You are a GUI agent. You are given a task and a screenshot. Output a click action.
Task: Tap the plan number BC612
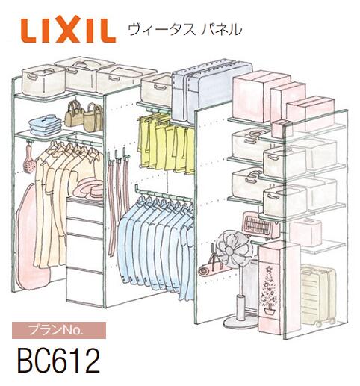click(58, 361)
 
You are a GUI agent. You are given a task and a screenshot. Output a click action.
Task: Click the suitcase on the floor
click(315, 295)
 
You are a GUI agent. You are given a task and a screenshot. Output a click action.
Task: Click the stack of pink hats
click(88, 187)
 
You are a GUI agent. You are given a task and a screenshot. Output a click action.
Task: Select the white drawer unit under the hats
click(85, 239)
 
